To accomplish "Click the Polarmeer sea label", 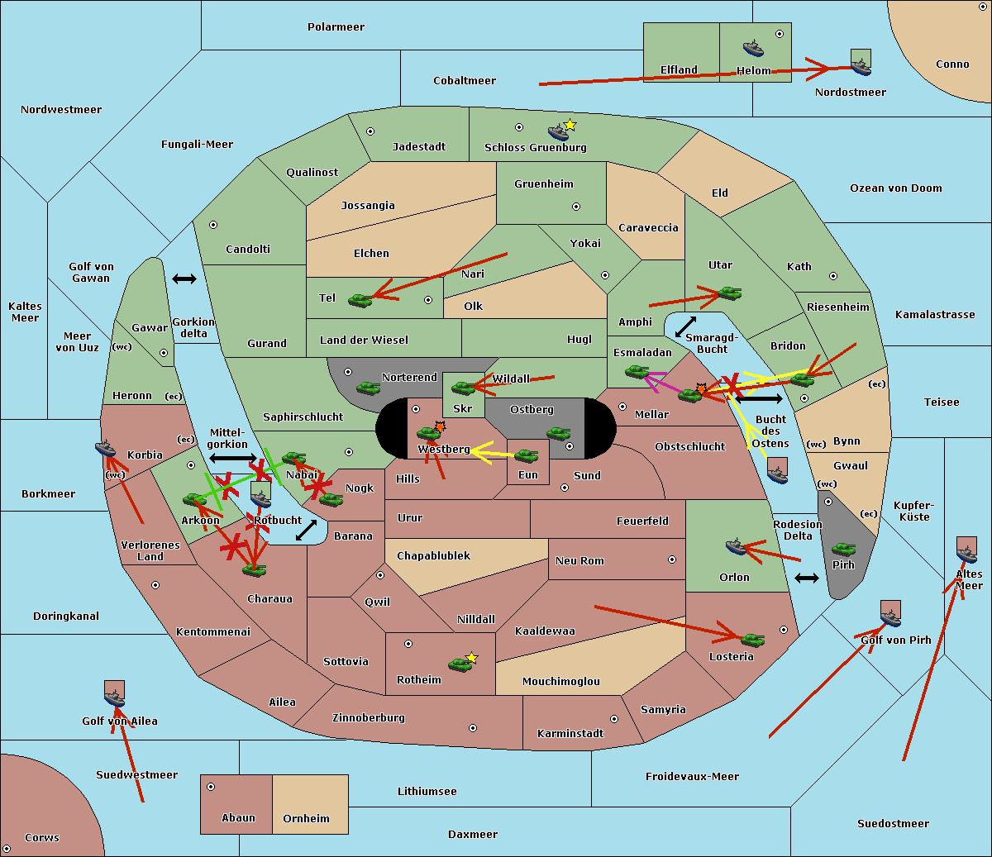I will click(336, 27).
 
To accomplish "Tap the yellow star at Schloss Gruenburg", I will click(570, 125).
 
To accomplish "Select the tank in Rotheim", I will click(460, 664).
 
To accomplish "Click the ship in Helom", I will click(753, 48).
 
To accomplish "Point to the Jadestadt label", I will click(418, 146).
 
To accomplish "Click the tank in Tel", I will click(360, 300).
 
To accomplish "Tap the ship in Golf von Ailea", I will click(114, 695).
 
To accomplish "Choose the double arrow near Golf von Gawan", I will click(184, 279).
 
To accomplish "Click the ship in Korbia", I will click(106, 449).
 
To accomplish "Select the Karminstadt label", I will click(570, 733).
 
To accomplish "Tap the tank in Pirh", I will click(843, 549).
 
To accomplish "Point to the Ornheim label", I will click(306, 818).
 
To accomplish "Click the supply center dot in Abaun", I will click(211, 787).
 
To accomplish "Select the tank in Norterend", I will click(368, 388).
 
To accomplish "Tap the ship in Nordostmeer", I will click(861, 63).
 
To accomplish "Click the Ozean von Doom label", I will click(895, 188).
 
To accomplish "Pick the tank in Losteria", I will click(752, 639).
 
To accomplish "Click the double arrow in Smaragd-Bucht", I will click(685, 326).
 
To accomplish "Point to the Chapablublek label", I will click(433, 555).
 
